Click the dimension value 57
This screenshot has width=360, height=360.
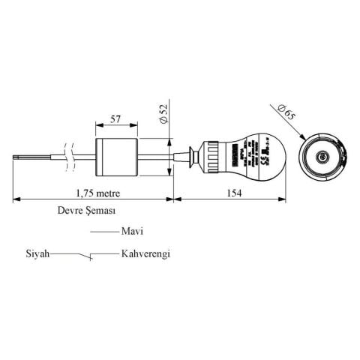click(x=115, y=118)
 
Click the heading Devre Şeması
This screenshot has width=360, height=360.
click(x=86, y=211)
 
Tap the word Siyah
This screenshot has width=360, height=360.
click(x=37, y=254)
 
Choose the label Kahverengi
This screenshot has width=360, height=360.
click(x=145, y=254)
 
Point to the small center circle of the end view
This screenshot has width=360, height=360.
click(x=322, y=157)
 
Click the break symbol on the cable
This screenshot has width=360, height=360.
click(x=70, y=157)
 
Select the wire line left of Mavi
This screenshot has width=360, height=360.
click(x=104, y=233)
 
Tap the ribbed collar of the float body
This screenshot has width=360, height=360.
click(x=214, y=157)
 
